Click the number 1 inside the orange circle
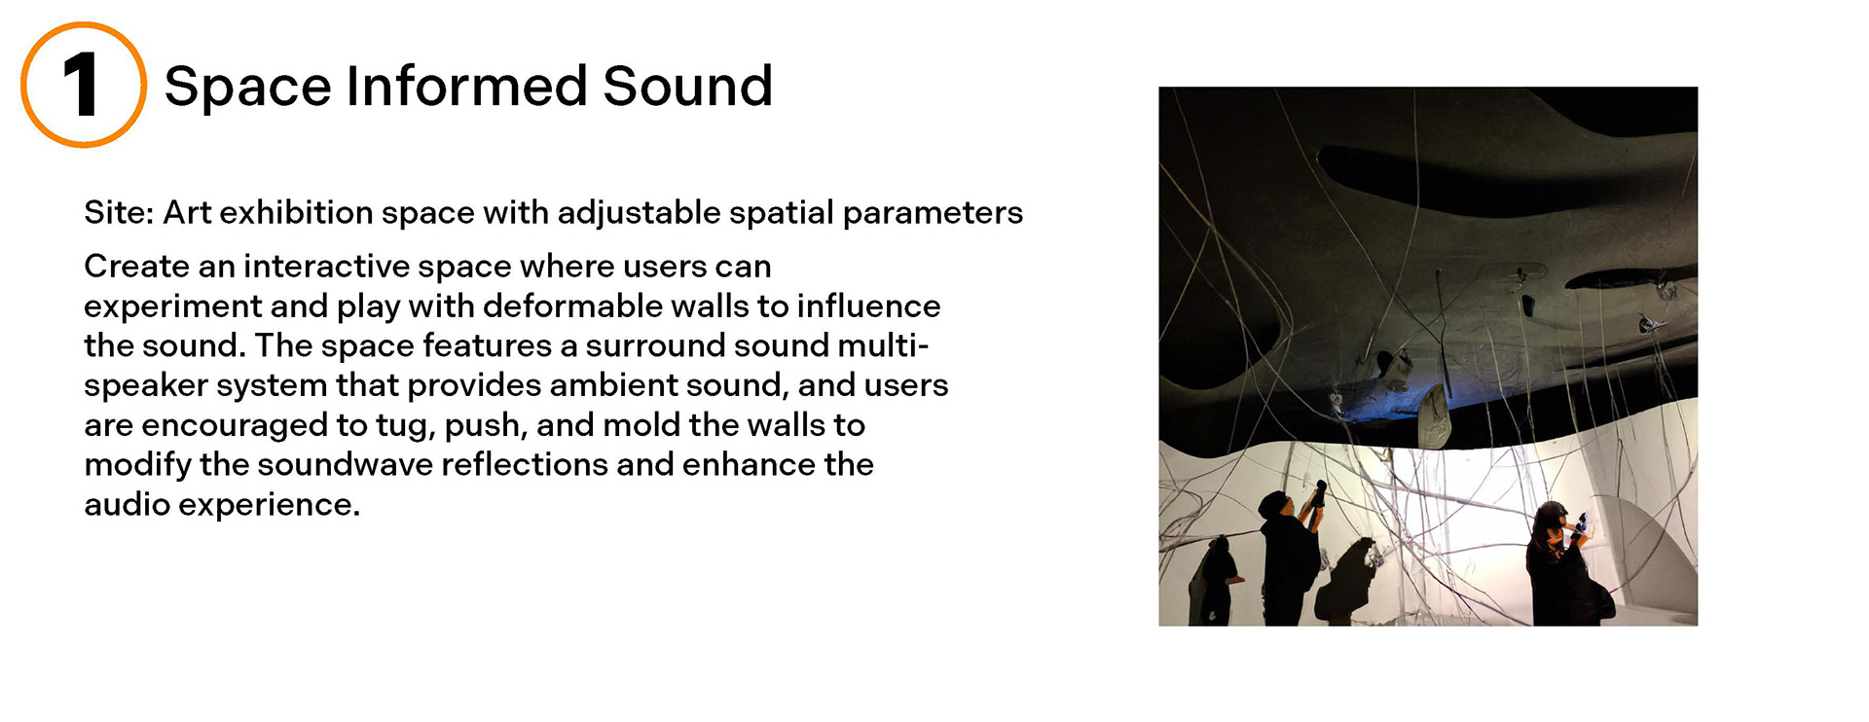click(82, 85)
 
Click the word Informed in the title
click(465, 86)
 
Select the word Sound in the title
click(687, 86)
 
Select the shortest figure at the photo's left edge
click(1213, 580)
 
